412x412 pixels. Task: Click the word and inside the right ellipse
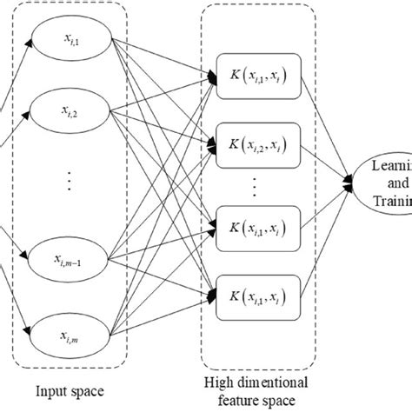(x=388, y=185)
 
